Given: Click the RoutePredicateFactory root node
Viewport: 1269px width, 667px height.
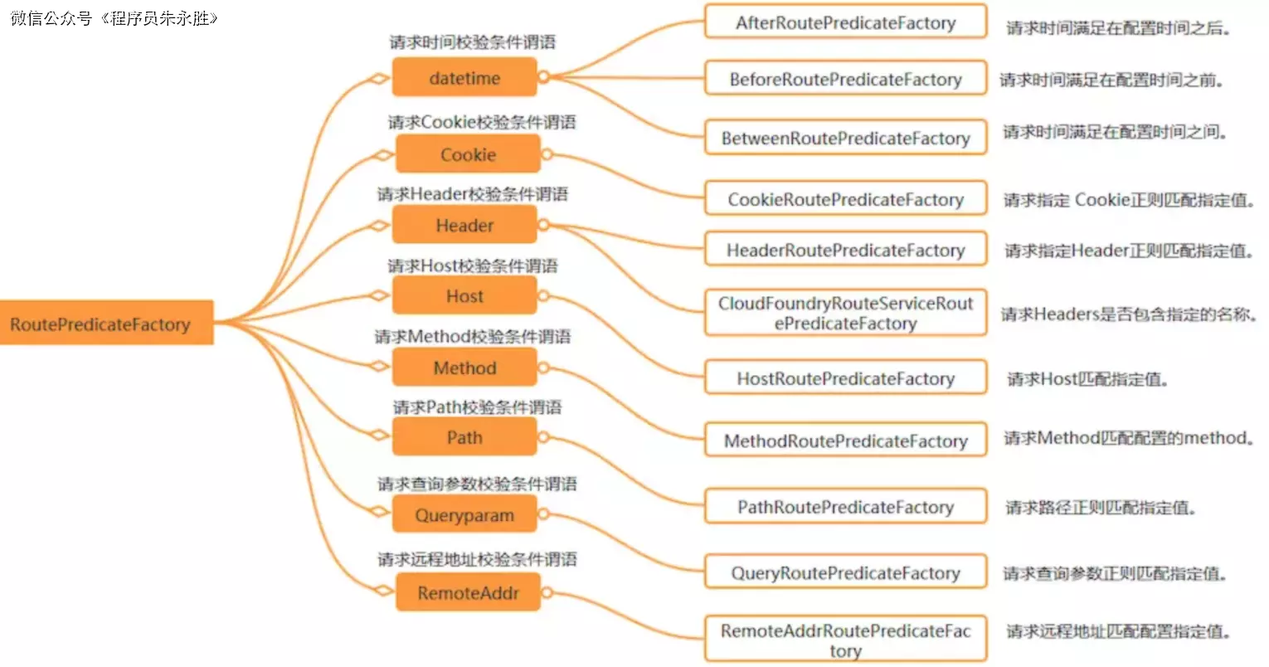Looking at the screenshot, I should tap(106, 323).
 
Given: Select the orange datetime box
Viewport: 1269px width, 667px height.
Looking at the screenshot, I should tap(464, 78).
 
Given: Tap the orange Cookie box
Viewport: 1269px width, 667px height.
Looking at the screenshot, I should tap(468, 154).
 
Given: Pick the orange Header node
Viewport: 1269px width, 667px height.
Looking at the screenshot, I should tap(464, 225).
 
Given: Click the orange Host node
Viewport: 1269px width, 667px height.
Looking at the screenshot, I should tap(464, 296).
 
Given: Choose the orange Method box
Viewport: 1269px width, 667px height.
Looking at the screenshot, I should tap(464, 368).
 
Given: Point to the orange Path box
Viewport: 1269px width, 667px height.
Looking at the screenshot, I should tap(464, 437).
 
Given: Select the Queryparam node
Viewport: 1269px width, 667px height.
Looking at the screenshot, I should tap(464, 515).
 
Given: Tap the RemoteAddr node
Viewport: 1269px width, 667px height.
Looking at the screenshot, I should tap(468, 592).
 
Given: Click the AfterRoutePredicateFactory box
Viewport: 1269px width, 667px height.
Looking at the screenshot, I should tap(845, 22).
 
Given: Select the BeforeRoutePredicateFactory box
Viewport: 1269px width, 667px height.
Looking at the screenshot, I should tap(845, 79).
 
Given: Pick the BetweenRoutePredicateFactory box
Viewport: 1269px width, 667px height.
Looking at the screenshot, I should tap(845, 138).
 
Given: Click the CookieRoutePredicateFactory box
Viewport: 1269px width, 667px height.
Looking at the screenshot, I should tap(845, 199).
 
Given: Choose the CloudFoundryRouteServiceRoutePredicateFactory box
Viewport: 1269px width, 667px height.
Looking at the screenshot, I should tap(845, 313).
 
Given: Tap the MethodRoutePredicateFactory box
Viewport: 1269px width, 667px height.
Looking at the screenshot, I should tap(845, 441).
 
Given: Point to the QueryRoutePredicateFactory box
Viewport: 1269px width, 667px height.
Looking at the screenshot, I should tap(845, 572).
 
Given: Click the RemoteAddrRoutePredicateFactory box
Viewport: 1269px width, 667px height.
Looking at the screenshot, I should tap(845, 640).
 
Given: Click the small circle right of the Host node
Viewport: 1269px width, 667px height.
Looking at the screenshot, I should tap(543, 295).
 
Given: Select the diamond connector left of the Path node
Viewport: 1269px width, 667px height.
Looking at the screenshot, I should tap(379, 434).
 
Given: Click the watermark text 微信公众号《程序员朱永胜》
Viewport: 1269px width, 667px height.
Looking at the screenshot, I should tap(114, 18).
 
